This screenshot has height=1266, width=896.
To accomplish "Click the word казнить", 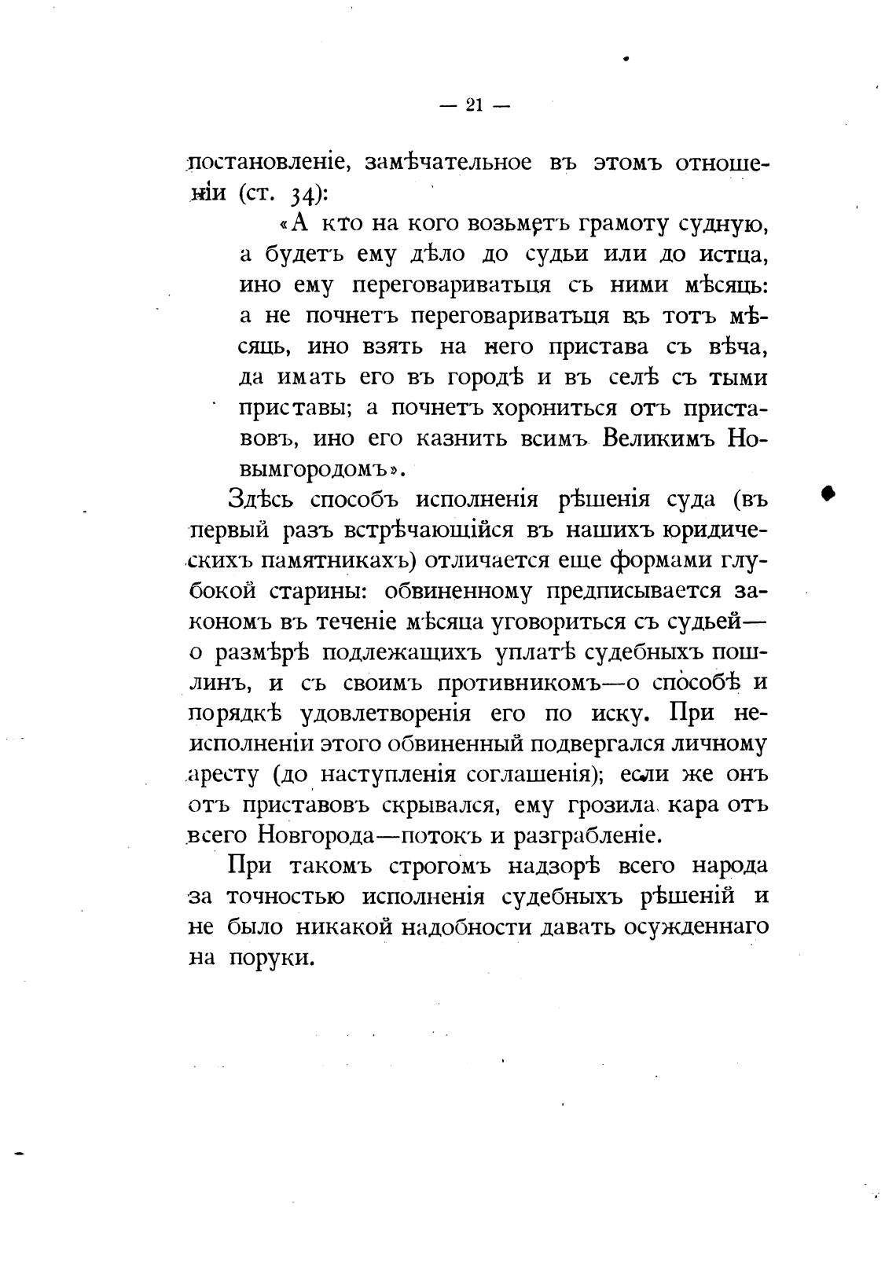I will click(x=452, y=439).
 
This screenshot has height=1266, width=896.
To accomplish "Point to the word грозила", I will click(x=622, y=805).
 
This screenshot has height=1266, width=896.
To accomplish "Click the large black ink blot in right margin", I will click(x=827, y=492).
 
